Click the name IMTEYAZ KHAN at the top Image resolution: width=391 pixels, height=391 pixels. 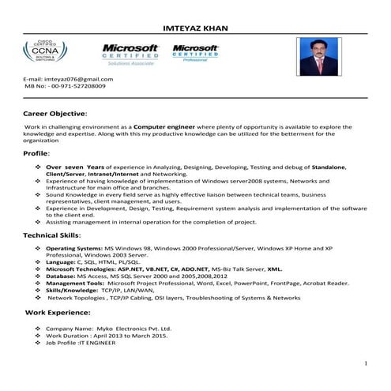coord(194,29)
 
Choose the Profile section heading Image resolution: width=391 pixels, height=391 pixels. coord(36,152)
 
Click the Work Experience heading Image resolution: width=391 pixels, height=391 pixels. coord(59,314)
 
